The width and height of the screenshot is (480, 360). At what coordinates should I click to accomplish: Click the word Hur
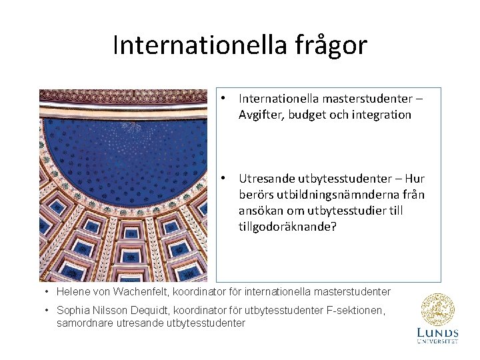pos(414,179)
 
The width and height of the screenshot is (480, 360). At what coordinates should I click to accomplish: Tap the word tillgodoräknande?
pos(288,227)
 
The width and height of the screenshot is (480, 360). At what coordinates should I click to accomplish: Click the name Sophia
pos(74,311)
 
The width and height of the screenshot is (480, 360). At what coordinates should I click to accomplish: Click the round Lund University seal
pos(437,310)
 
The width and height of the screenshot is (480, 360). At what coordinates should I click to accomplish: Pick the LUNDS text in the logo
pos(437,332)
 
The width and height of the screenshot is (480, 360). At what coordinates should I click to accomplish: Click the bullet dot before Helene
pos(47,292)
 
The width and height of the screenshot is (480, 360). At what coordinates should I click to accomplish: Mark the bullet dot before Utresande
pos(225,178)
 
